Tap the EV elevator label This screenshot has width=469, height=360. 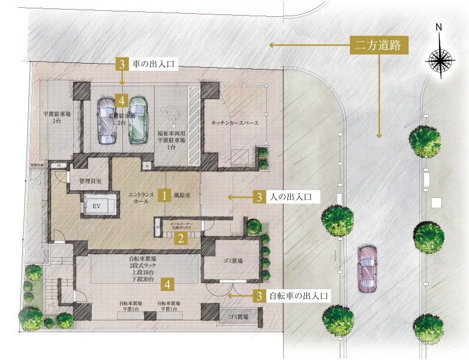click(95, 205)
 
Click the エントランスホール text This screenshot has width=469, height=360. click(142, 199)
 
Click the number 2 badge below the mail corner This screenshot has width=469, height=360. click(180, 239)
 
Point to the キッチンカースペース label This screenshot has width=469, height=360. click(235, 123)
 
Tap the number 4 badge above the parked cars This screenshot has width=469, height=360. click(122, 100)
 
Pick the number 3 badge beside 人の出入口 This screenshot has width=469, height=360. click(258, 196)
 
